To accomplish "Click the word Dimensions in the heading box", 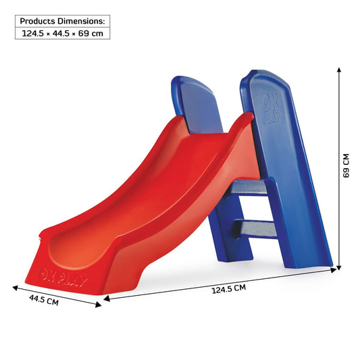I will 83,20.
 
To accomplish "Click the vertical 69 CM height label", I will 346,165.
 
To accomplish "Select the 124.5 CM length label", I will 228,289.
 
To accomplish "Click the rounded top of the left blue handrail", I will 196,84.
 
